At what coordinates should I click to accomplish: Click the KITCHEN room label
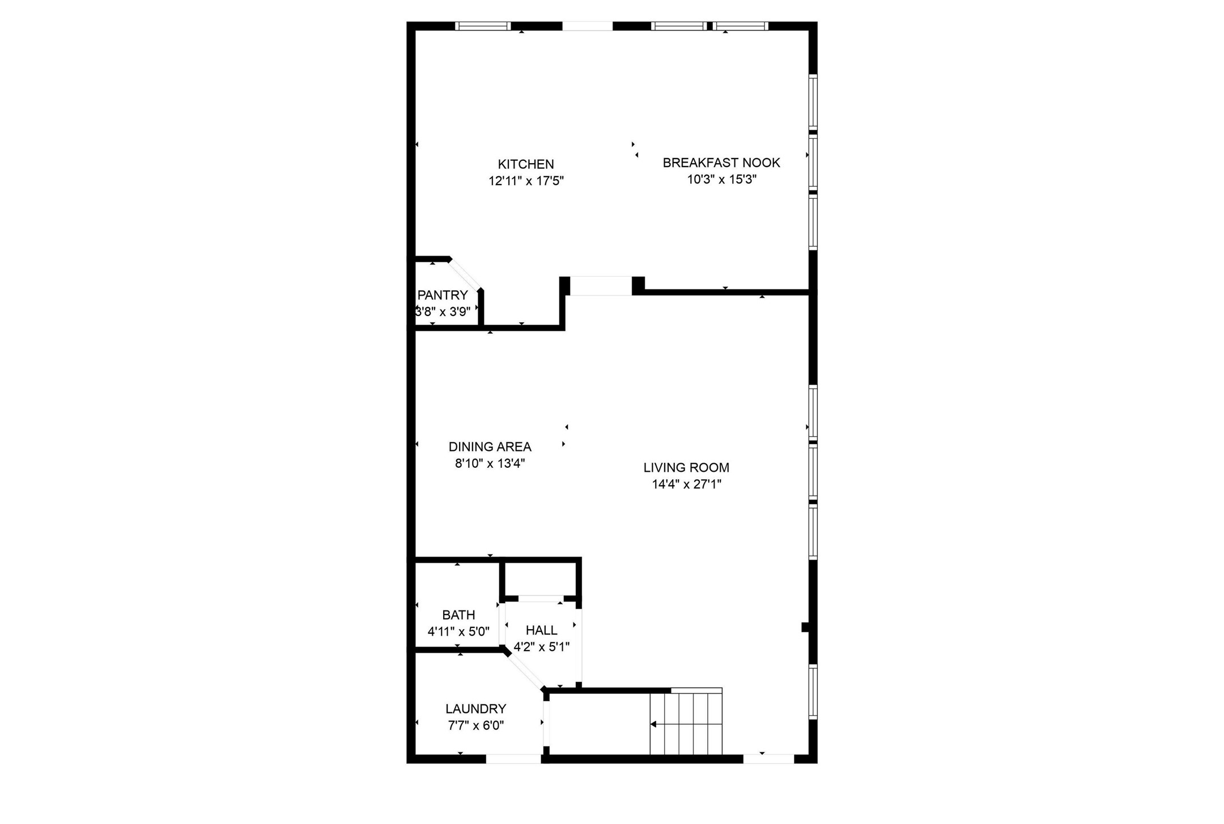pyautogui.click(x=525, y=164)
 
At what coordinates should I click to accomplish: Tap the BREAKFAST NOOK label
pyautogui.click(x=721, y=163)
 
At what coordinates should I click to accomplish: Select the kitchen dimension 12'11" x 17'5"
pyautogui.click(x=526, y=181)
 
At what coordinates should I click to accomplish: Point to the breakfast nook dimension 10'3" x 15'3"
pyautogui.click(x=721, y=180)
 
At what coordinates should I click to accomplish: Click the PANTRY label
pyautogui.click(x=443, y=295)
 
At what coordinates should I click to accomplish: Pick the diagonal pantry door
pyautogui.click(x=466, y=274)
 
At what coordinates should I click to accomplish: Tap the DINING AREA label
pyautogui.click(x=490, y=447)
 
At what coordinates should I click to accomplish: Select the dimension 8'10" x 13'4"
pyautogui.click(x=490, y=464)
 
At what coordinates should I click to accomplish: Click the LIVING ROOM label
pyautogui.click(x=686, y=468)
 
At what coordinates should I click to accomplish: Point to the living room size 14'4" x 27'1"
pyautogui.click(x=686, y=484)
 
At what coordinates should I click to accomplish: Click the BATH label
pyautogui.click(x=458, y=615)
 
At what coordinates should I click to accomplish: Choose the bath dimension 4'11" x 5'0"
pyautogui.click(x=458, y=631)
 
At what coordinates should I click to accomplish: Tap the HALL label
pyautogui.click(x=541, y=630)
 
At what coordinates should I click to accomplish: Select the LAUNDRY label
pyautogui.click(x=475, y=708)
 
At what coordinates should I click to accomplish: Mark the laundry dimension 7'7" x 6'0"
pyautogui.click(x=475, y=725)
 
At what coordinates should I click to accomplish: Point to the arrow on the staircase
pyautogui.click(x=654, y=724)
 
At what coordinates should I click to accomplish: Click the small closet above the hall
pyautogui.click(x=540, y=578)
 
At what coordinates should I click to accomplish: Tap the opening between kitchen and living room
pyautogui.click(x=600, y=285)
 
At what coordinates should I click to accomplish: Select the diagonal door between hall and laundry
pyautogui.click(x=525, y=670)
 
